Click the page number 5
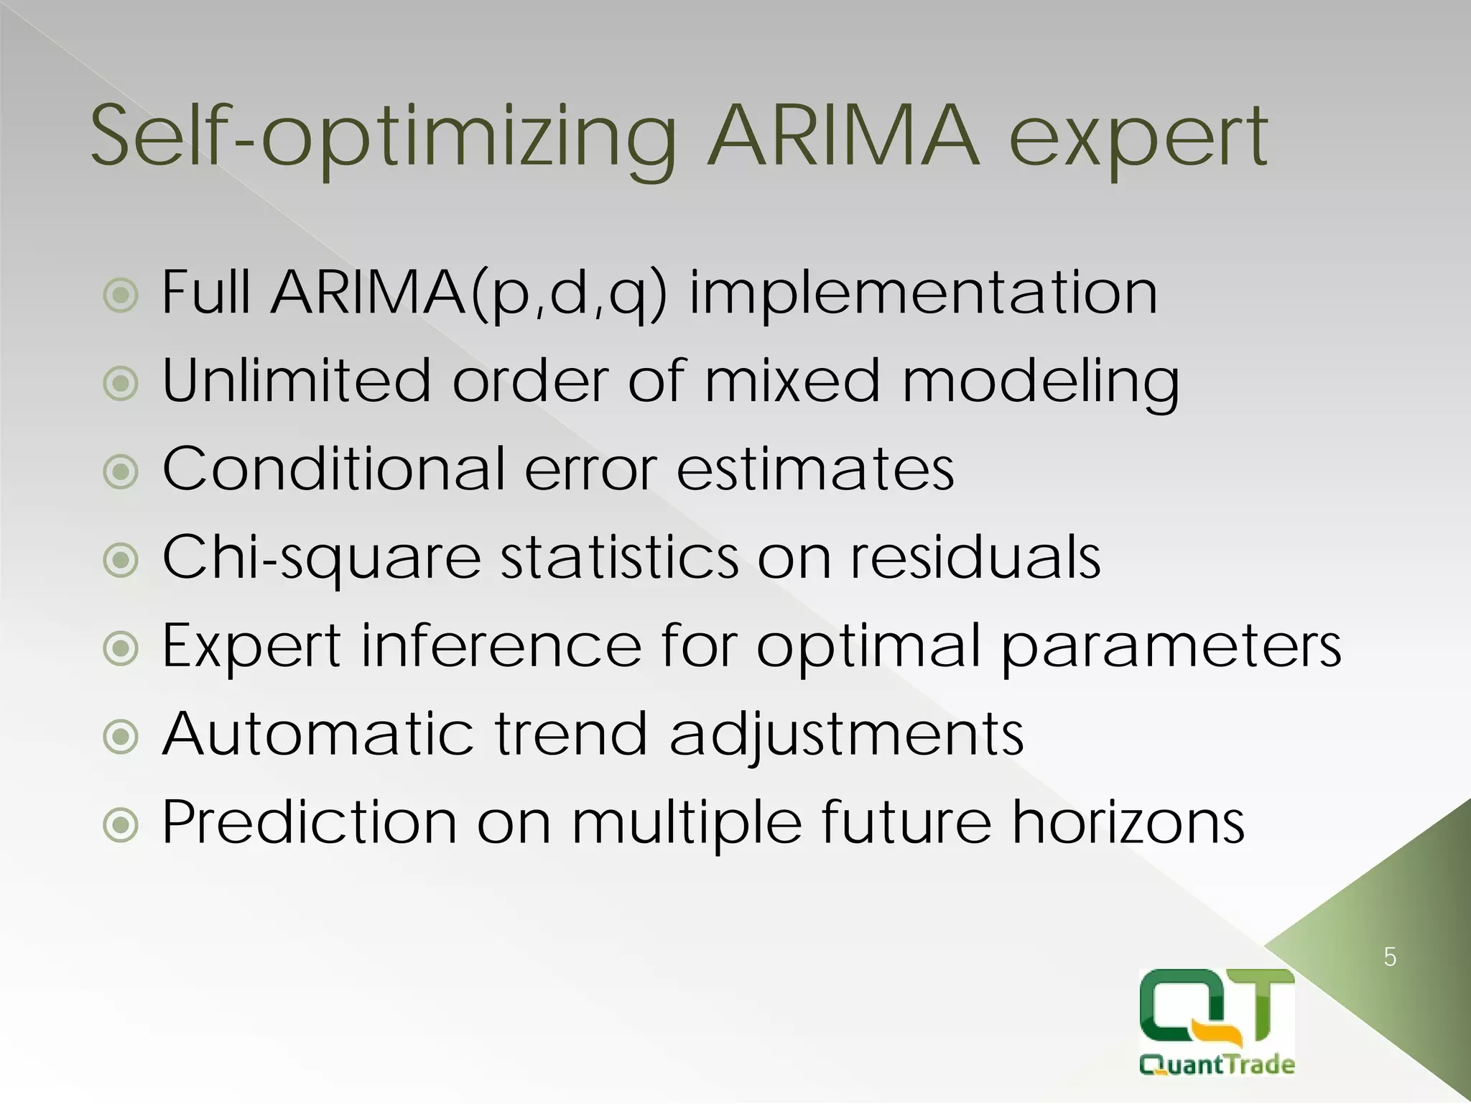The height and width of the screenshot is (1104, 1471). [1390, 957]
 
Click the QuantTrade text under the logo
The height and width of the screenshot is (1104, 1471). [1217, 1064]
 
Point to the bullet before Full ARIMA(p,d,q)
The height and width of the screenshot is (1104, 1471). [121, 295]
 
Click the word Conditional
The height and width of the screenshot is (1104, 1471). [335, 469]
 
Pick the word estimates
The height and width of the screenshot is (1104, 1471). [815, 469]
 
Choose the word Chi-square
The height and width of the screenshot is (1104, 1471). [321, 558]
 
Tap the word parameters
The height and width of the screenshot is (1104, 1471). [1170, 646]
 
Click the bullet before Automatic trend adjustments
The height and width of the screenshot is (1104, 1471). [121, 737]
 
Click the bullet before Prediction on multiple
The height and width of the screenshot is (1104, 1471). [121, 826]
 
